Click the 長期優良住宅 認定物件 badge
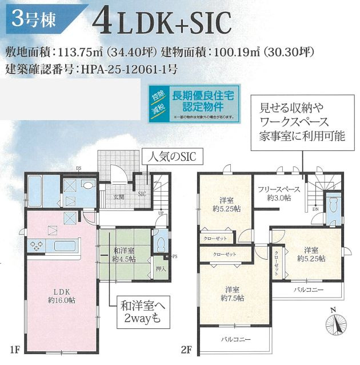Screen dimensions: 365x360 [193, 103]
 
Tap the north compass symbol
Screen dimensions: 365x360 [337, 324]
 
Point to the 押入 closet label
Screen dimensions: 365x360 [161, 268]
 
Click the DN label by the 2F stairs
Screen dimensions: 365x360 [315, 209]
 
